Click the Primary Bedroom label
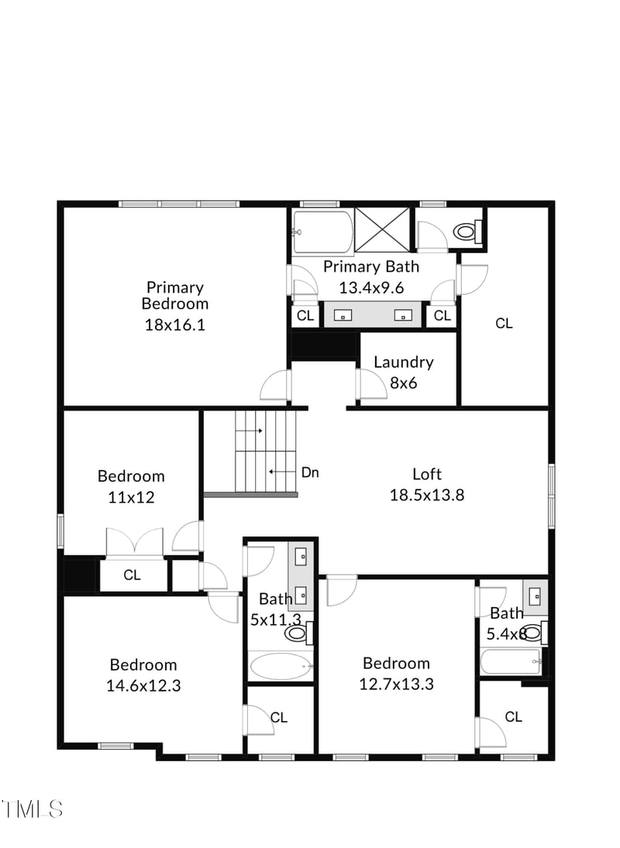[x=175, y=296]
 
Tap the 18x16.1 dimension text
[x=175, y=325]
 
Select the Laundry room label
[x=403, y=362]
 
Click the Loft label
[x=426, y=474]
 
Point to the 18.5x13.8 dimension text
[x=426, y=495]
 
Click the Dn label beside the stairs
[x=310, y=472]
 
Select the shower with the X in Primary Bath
[x=383, y=231]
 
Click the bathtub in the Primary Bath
[x=322, y=232]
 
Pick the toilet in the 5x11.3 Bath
[x=298, y=634]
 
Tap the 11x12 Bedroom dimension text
[x=131, y=497]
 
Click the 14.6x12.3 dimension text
[x=143, y=685]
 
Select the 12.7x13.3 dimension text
[x=396, y=684]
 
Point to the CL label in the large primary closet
[x=504, y=324]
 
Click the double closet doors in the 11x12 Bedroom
[x=135, y=541]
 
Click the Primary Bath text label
[x=370, y=267]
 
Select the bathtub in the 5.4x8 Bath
[x=510, y=662]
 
